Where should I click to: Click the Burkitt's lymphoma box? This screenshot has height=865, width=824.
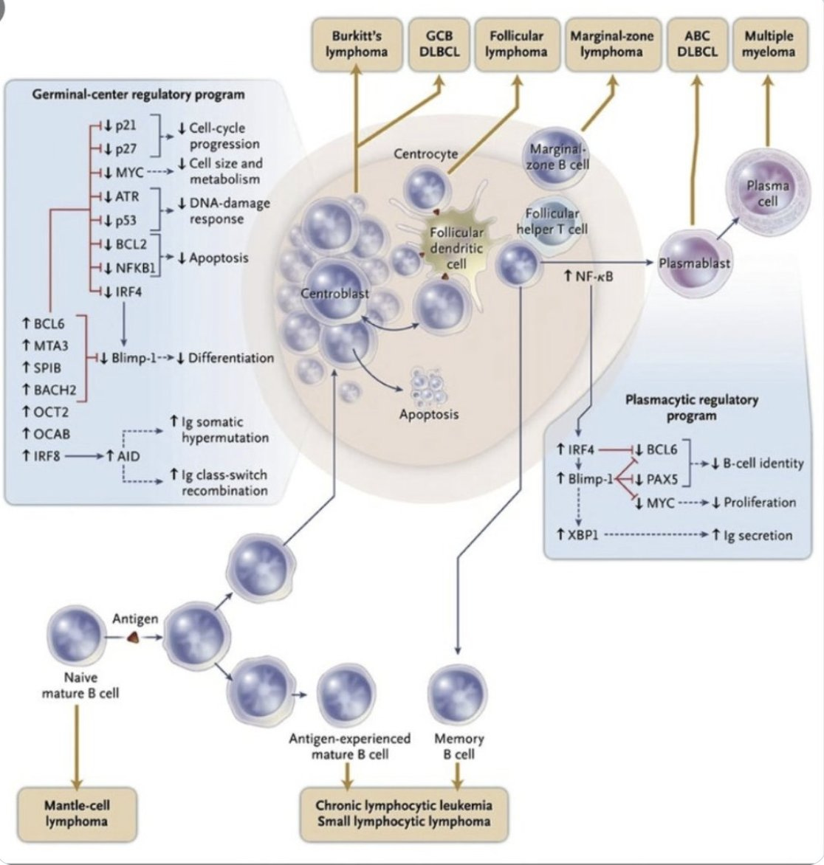point(356,44)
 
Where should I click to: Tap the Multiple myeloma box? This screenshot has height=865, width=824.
point(769,44)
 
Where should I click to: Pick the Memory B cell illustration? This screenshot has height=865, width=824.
point(459,695)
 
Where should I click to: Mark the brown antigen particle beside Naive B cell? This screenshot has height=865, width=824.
point(134,638)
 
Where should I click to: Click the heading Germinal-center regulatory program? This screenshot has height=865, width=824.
point(138,94)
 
